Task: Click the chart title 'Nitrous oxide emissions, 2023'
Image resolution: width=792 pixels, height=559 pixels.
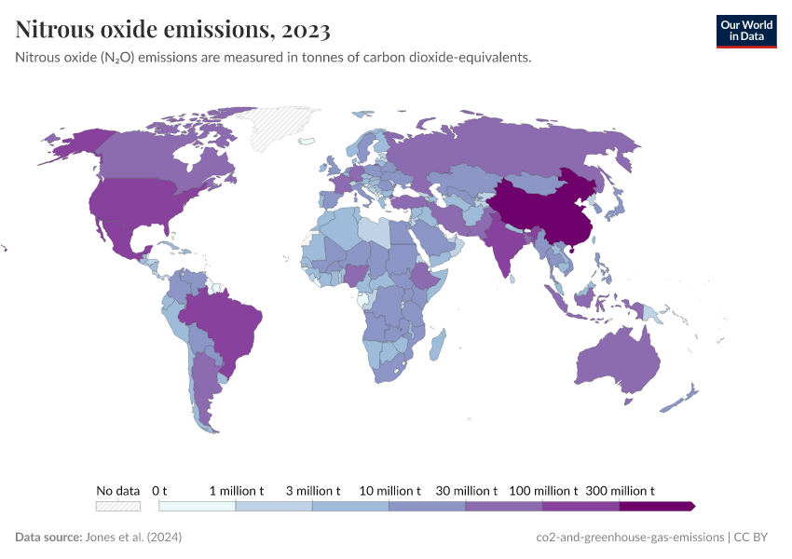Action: (172, 30)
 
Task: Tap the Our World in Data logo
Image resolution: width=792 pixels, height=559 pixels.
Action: (745, 30)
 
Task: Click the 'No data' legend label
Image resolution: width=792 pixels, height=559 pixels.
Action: (118, 490)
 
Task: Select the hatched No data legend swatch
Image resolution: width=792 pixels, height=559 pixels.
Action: (118, 506)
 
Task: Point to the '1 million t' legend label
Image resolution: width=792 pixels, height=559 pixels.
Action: (236, 490)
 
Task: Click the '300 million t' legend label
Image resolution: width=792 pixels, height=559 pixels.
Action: (620, 490)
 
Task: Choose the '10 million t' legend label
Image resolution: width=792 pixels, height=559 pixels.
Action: (389, 490)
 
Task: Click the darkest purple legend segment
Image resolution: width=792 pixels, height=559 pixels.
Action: (656, 506)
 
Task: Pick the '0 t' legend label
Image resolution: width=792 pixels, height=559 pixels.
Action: (159, 490)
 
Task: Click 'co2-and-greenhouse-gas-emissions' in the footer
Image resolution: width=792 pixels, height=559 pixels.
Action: (630, 538)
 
